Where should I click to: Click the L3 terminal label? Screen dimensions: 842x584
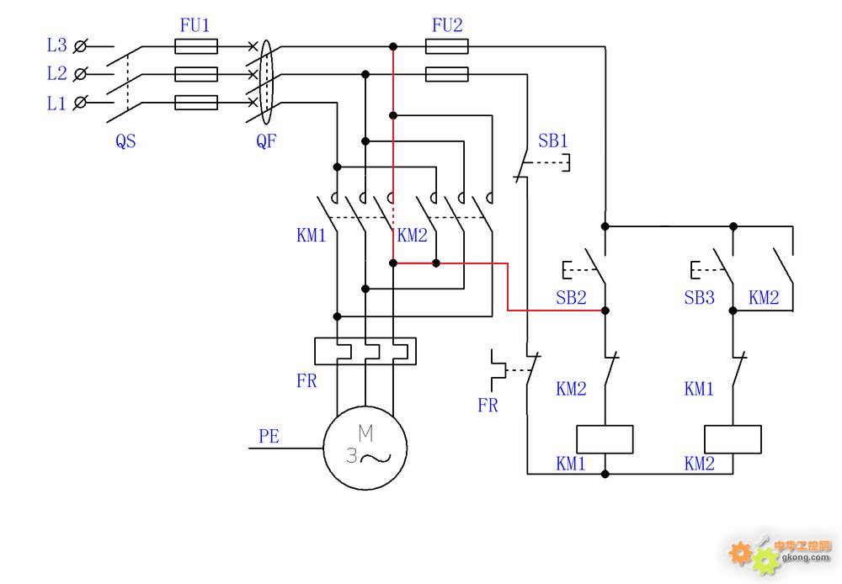56,45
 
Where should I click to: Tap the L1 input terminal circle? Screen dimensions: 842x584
80,102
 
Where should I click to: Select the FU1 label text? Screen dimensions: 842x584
195,25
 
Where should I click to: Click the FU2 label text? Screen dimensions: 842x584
447,25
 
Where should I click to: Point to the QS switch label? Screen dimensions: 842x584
125,141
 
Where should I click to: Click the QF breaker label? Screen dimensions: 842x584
266,141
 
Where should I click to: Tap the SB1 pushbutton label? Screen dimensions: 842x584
552,141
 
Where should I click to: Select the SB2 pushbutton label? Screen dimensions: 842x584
571,297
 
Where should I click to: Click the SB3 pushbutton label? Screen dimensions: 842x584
699,297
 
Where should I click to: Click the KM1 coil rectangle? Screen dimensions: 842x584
605,439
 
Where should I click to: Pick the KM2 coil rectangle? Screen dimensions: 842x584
733,439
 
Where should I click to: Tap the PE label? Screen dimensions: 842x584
269,437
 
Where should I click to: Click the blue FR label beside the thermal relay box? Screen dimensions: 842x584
306,381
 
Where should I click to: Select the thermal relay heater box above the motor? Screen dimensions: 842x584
365,351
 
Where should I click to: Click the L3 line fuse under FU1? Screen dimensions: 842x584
196,46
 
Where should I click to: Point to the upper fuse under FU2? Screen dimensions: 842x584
447,46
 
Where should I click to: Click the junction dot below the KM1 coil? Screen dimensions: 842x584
605,474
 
